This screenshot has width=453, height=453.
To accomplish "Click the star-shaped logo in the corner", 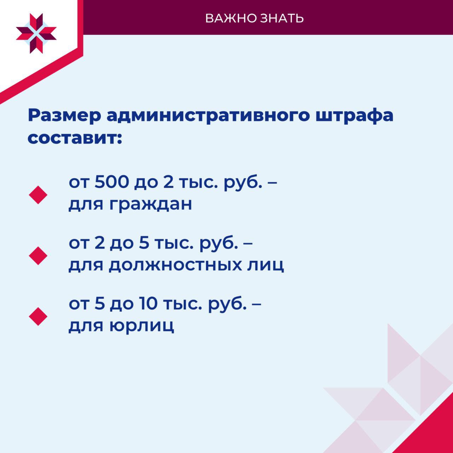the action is (36, 33).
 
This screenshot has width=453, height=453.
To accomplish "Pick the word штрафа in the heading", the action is (354, 116).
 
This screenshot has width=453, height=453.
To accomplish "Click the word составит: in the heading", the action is (75, 138).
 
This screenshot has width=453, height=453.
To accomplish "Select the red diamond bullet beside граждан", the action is (38, 195).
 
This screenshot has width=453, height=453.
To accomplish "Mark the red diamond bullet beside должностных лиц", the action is (38, 256).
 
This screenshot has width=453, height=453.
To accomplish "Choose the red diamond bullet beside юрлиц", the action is (38, 316).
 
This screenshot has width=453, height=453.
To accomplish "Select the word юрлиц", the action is (142, 326).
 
